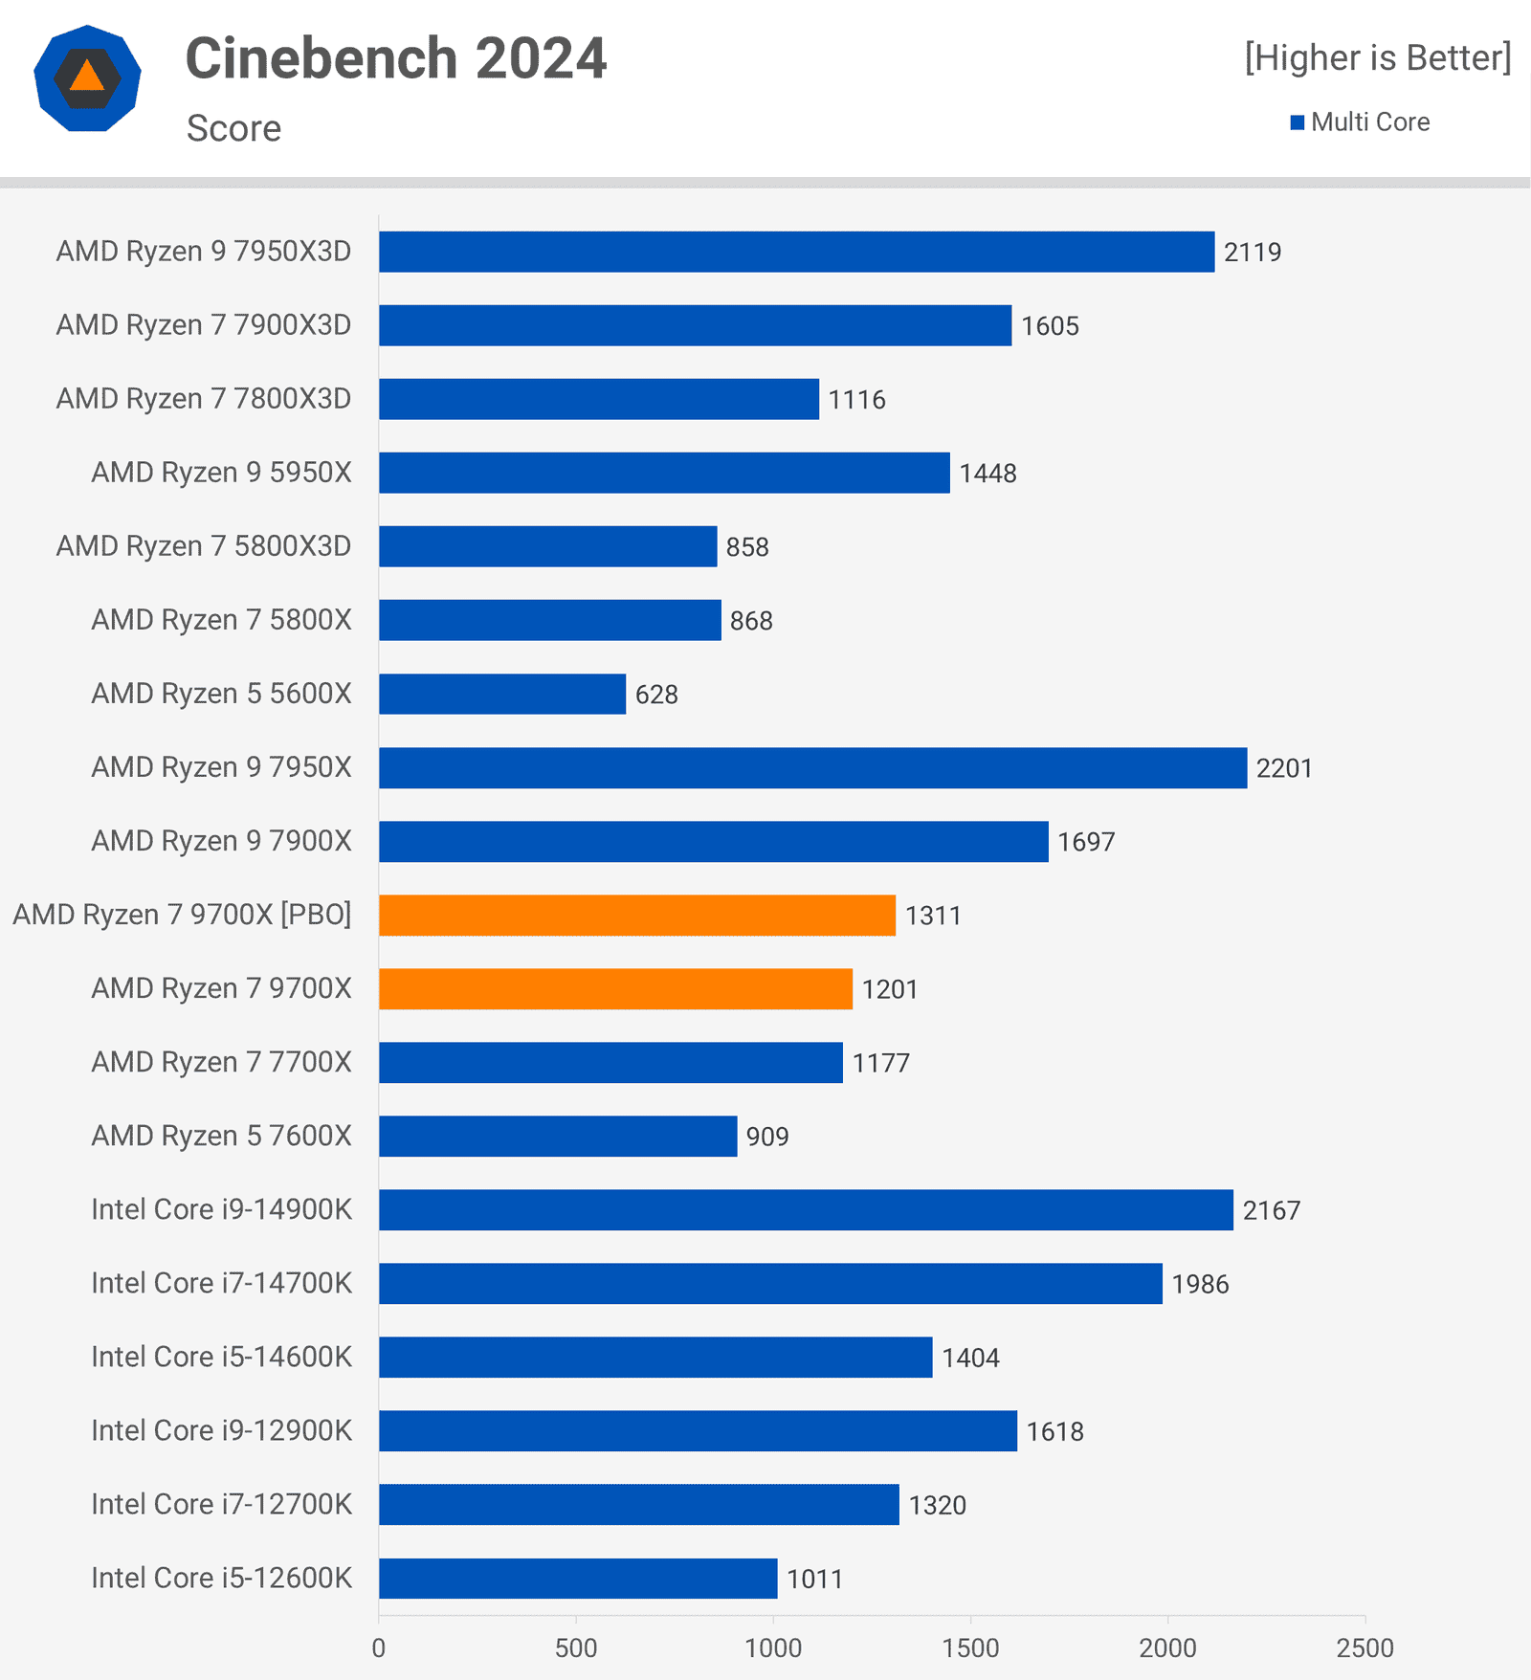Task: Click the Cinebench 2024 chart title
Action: pyautogui.click(x=395, y=59)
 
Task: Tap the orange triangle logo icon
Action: pyautogui.click(x=87, y=77)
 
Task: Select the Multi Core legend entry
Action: pyautogui.click(x=1360, y=122)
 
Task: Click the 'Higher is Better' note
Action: pyautogui.click(x=1377, y=58)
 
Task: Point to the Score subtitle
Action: pyautogui.click(x=233, y=128)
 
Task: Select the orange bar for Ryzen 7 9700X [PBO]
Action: pyautogui.click(x=636, y=916)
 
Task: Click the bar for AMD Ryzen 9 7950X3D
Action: pyautogui.click(x=796, y=252)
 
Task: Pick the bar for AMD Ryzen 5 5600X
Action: pyautogui.click(x=501, y=694)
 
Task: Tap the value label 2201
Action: pyautogui.click(x=1284, y=768)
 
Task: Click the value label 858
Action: pyautogui.click(x=747, y=547)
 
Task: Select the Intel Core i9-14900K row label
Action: pyautogui.click(x=221, y=1209)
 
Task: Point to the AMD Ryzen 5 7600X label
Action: pyautogui.click(x=221, y=1136)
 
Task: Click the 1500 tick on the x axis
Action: pyautogui.click(x=970, y=1647)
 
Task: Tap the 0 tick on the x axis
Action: pyautogui.click(x=379, y=1647)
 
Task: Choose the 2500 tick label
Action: pyautogui.click(x=1365, y=1647)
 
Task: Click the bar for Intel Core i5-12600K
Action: pyautogui.click(x=578, y=1579)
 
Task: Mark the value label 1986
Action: pyautogui.click(x=1200, y=1284)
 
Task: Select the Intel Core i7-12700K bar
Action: pyautogui.click(x=638, y=1505)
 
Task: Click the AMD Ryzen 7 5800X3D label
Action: pyautogui.click(x=204, y=546)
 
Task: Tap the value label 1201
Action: pyautogui.click(x=890, y=989)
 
